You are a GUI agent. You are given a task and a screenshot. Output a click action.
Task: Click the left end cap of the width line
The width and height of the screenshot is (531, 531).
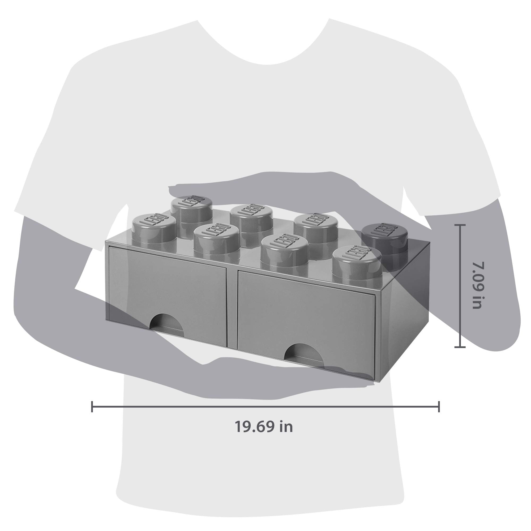[92, 406]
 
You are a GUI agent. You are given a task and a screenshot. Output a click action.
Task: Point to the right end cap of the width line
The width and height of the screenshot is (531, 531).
[439, 406]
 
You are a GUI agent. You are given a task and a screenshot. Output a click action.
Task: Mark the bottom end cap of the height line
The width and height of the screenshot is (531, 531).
[460, 347]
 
